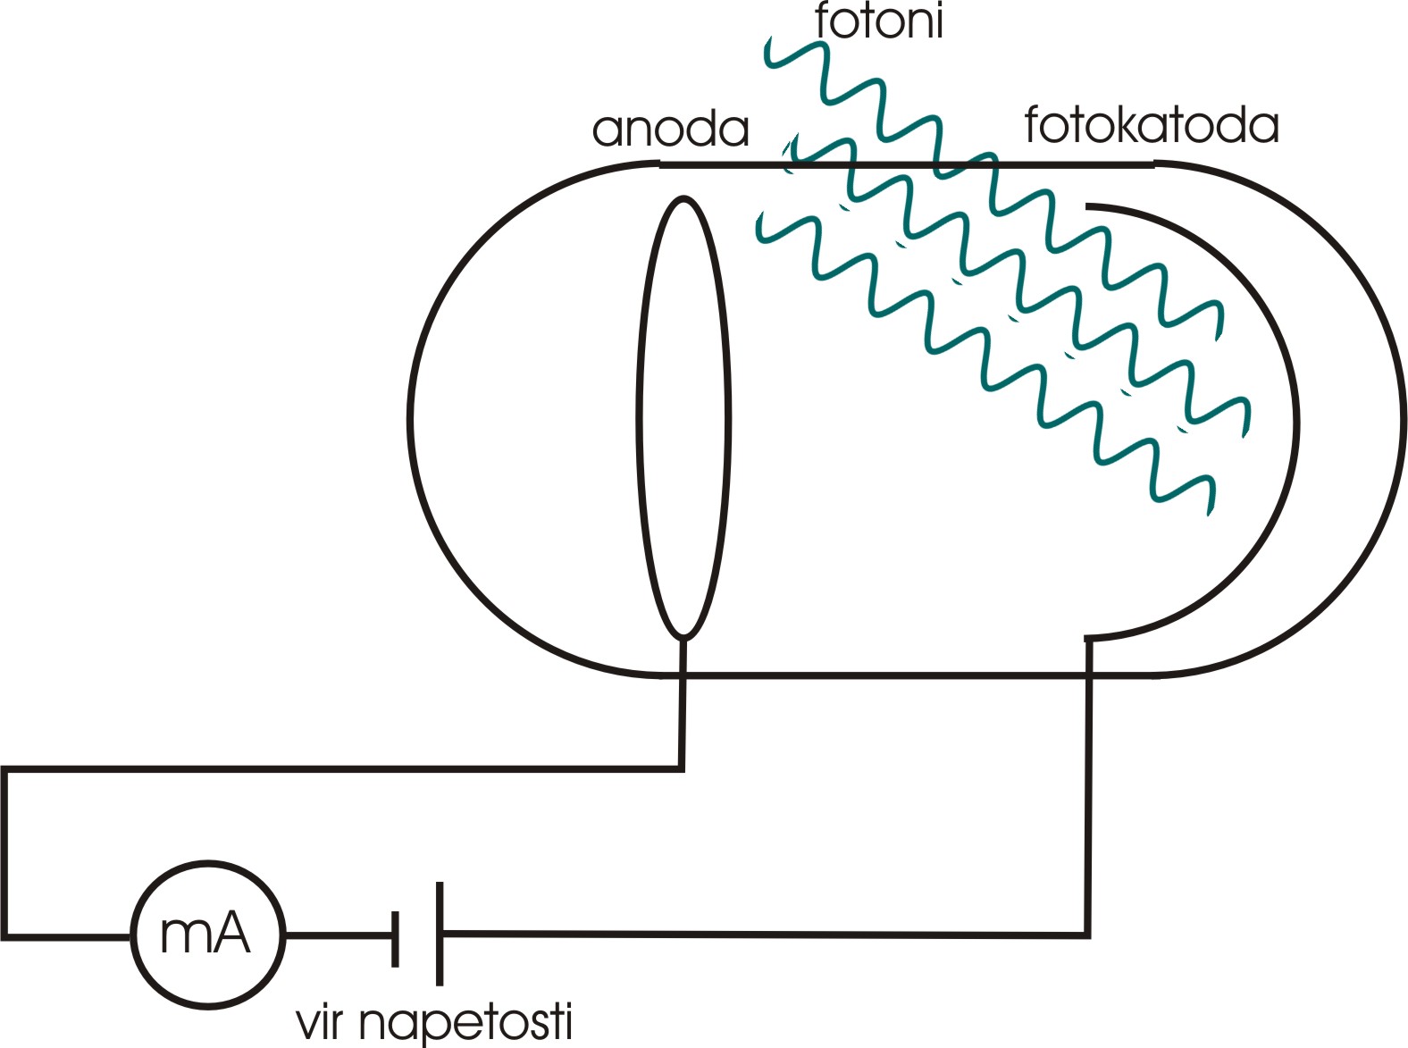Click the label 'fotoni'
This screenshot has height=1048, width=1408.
[x=879, y=21]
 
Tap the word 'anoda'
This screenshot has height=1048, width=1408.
[x=670, y=130]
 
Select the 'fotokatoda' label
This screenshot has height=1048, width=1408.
[x=1151, y=125]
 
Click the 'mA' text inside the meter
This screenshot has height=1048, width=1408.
[x=205, y=935]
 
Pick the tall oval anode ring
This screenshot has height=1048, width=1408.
[x=640, y=416]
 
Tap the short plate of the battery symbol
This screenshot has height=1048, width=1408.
[x=395, y=937]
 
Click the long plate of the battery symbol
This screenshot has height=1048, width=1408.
[x=440, y=934]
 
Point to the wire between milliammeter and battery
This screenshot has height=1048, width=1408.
[x=338, y=936]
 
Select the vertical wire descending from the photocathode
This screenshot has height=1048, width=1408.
[x=1088, y=786]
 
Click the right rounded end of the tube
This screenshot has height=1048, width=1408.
[x=1399, y=420]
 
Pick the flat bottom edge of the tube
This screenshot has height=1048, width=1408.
[x=893, y=675]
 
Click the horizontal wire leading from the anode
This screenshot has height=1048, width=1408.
[x=357, y=767]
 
